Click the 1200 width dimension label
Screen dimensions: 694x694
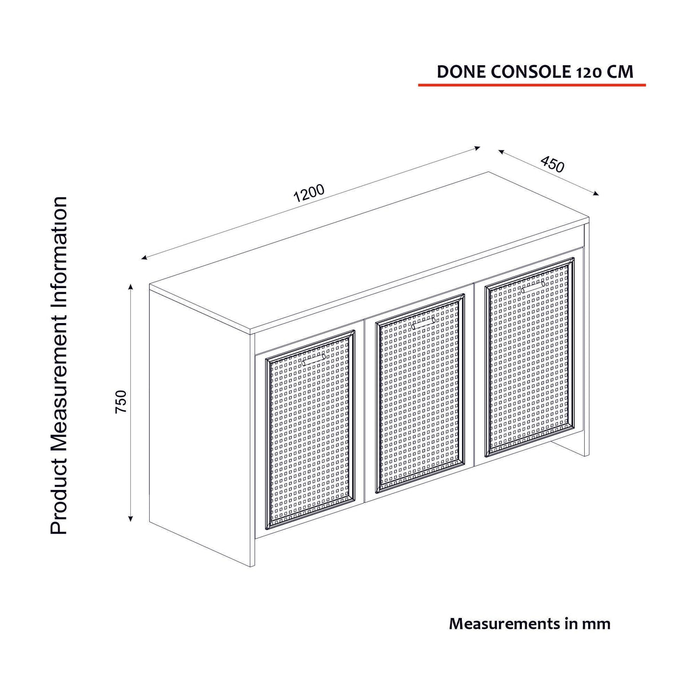click(x=309, y=193)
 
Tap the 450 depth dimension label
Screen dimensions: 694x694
click(x=552, y=164)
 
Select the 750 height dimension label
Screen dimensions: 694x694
click(x=121, y=401)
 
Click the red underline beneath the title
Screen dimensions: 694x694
click(x=532, y=85)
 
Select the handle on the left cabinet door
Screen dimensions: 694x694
click(x=313, y=360)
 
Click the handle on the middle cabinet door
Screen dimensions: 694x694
click(x=424, y=323)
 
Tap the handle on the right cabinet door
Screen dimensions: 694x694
click(x=533, y=286)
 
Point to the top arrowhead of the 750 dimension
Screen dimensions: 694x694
click(x=131, y=286)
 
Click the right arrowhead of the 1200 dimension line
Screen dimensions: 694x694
click(x=477, y=147)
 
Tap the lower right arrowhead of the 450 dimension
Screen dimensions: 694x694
click(x=595, y=193)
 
